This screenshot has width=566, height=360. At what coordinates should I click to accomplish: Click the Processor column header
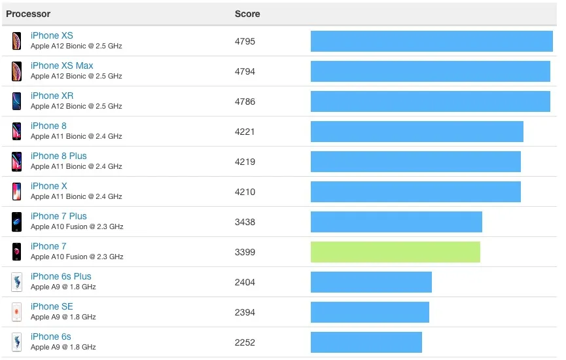coord(28,14)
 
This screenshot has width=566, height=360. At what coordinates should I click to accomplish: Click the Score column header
coord(247,14)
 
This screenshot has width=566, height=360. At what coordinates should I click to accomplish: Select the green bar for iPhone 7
coord(395,252)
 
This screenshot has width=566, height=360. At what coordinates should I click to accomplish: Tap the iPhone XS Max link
coord(62,65)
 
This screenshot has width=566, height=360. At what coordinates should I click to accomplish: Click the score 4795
coord(245,41)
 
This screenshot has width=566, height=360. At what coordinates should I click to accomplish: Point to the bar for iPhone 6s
coord(366,342)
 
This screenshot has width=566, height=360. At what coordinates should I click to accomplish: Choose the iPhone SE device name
coord(52,306)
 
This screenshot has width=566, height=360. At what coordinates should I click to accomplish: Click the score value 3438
coord(245,222)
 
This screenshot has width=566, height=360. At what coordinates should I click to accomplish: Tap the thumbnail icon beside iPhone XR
coord(16,101)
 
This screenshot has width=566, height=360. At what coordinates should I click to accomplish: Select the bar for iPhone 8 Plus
coord(416,162)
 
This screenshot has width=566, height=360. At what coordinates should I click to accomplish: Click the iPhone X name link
coord(49,186)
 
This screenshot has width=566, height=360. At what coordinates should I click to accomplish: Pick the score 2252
coord(245,342)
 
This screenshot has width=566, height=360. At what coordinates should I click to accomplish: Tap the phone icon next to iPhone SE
coord(16,312)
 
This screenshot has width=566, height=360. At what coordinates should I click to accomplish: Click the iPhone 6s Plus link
coord(61,276)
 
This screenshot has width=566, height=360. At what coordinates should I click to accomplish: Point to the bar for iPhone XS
coord(431,41)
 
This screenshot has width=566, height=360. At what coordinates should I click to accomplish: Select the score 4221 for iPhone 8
coord(245,132)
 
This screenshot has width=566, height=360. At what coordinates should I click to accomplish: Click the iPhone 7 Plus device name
coord(59,216)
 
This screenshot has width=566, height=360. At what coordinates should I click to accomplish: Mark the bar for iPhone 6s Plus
coord(371,282)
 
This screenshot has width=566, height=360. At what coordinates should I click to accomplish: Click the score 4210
coord(245,192)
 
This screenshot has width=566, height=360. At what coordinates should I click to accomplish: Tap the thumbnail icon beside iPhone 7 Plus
coord(16,221)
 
